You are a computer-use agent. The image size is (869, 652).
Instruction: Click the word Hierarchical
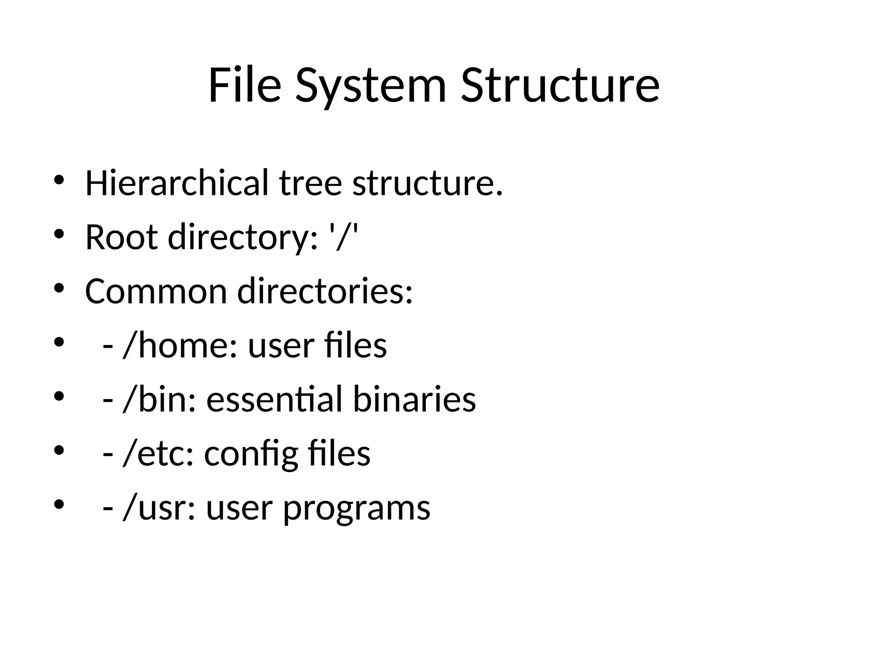coord(177,183)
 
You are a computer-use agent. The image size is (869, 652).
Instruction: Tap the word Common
coord(156,292)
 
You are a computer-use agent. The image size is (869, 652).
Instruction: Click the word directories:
coord(325,292)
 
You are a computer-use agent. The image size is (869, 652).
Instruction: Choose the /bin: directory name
coord(160,400)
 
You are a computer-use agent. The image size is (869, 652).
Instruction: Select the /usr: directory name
coord(159,508)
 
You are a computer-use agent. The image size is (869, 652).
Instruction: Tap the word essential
coord(274,400)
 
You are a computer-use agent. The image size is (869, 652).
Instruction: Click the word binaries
coord(414,400)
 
